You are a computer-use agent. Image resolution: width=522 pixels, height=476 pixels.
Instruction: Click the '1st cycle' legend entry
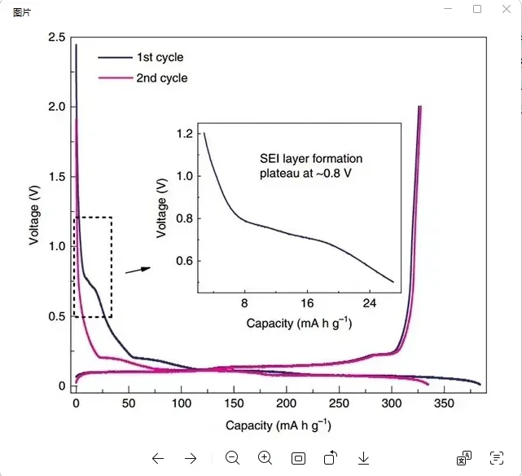pyautogui.click(x=159, y=58)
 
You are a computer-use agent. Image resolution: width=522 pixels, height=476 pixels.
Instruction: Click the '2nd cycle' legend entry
pyautogui.click(x=161, y=78)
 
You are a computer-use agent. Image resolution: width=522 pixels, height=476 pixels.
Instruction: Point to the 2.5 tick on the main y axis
pyautogui.click(x=56, y=37)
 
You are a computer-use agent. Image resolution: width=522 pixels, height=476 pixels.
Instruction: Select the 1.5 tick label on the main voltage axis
pyautogui.click(x=56, y=177)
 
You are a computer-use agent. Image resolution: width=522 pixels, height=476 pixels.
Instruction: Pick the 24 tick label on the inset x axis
pyautogui.click(x=371, y=303)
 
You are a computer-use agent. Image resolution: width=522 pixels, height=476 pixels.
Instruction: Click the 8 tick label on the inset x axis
pyautogui.click(x=244, y=303)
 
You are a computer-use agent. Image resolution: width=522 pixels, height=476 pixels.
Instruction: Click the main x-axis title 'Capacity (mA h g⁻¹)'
pyautogui.click(x=279, y=425)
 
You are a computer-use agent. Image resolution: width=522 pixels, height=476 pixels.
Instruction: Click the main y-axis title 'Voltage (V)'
pyautogui.click(x=34, y=214)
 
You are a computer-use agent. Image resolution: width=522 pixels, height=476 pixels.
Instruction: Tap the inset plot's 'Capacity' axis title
pyautogui.click(x=299, y=324)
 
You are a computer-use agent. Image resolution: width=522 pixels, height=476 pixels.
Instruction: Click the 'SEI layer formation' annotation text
pyautogui.click(x=310, y=159)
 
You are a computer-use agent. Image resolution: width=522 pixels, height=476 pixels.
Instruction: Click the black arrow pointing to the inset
pyautogui.click(x=138, y=270)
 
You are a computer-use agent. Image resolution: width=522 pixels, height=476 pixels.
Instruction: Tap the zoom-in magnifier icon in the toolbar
pyautogui.click(x=265, y=458)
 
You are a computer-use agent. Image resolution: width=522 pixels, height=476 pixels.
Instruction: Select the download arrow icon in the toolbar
pyautogui.click(x=364, y=458)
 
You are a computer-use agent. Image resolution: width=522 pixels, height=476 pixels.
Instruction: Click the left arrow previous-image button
pyautogui.click(x=158, y=458)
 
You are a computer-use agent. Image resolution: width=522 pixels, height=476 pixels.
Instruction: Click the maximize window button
pyautogui.click(x=477, y=9)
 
